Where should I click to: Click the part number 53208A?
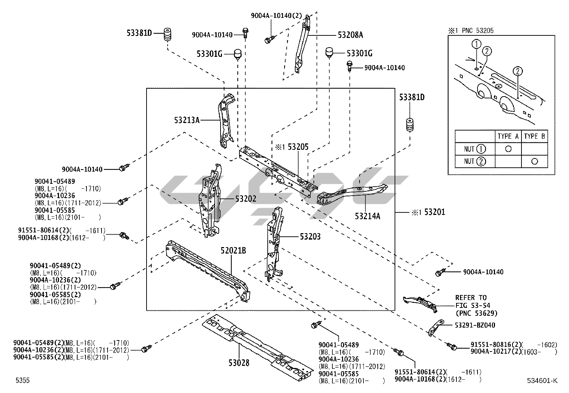350,35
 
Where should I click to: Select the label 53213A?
187,120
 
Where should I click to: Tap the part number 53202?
246,199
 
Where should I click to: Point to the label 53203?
310,236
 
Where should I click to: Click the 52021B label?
233,251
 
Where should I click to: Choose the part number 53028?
239,363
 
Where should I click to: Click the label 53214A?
367,216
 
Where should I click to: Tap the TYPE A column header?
508,136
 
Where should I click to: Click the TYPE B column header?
534,136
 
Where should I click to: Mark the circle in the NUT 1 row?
508,149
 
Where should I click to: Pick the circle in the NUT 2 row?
534,161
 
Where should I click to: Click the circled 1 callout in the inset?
476,44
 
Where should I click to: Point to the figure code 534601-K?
542,380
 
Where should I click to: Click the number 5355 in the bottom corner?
23,380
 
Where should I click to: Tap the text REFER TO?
471,298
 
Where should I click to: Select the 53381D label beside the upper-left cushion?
139,33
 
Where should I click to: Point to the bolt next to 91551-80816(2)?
452,346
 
